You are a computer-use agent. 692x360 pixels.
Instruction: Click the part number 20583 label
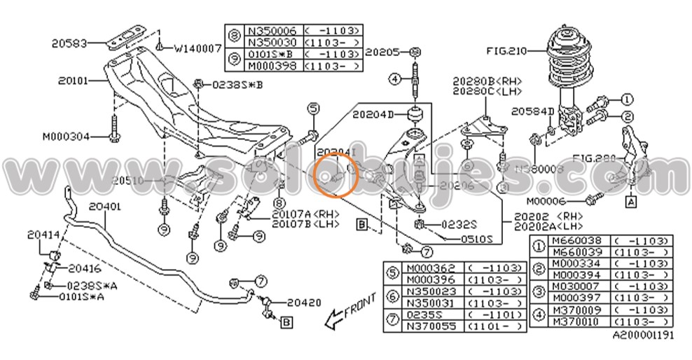click(x=69, y=43)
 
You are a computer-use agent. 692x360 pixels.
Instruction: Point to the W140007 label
click(x=198, y=48)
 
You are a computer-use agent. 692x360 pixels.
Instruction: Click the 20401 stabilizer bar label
click(x=104, y=207)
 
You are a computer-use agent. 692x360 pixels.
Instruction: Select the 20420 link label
click(x=304, y=303)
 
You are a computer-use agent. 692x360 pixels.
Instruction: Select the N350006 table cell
click(x=272, y=31)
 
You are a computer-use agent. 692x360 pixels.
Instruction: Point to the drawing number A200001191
click(x=643, y=335)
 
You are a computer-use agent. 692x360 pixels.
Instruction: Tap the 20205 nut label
click(x=382, y=52)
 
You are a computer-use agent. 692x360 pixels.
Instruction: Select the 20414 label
click(x=43, y=235)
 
